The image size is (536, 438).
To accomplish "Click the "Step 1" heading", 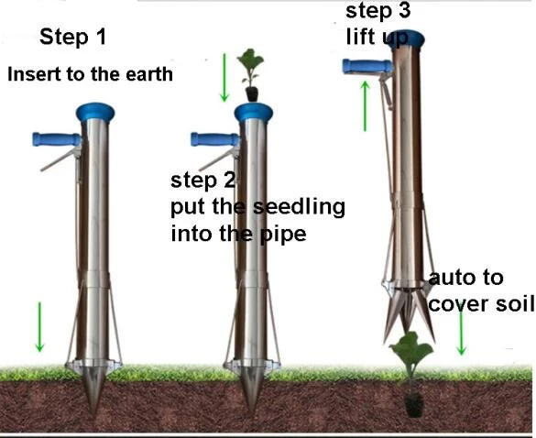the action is point(72,37).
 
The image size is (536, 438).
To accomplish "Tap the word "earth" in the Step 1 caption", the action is point(149,74).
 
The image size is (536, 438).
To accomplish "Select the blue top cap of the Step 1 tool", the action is point(95,112).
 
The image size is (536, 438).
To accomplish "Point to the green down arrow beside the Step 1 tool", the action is point(39,327).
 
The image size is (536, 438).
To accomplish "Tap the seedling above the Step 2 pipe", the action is point(251,75).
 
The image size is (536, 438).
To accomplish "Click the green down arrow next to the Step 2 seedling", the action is point(224,78).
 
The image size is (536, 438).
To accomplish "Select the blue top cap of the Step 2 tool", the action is point(253,112).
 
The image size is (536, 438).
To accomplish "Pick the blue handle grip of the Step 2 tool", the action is point(214,139).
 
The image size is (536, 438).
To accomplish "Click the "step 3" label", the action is point(378,10).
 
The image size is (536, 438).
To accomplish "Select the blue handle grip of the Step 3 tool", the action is point(367,66).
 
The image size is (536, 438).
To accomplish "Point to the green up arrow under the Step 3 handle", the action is point(366,105).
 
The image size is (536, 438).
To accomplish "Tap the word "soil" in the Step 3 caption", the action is point(515,303).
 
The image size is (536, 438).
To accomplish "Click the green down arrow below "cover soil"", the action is point(462,331).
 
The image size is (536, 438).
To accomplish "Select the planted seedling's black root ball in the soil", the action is point(414,404).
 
